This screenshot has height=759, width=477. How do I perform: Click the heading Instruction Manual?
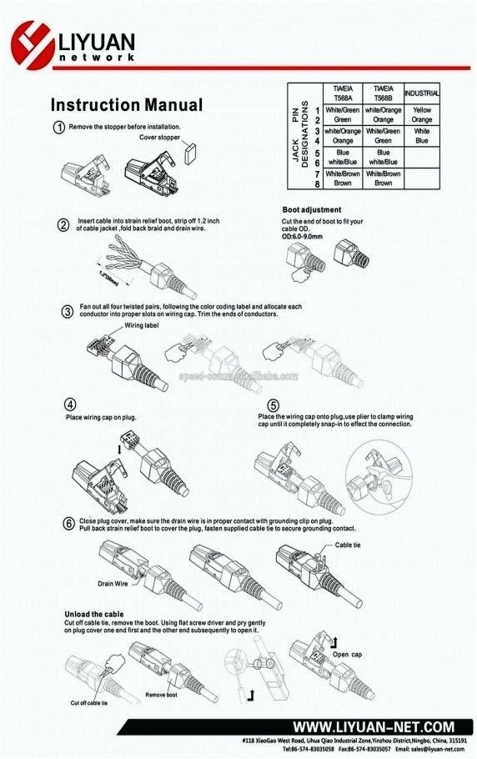tap(126, 106)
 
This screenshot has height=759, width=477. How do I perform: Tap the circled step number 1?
tap(59, 128)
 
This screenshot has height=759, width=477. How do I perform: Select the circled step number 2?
tap(63, 224)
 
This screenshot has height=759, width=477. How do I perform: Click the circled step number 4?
tap(72, 403)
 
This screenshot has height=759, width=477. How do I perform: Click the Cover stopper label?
tap(159, 136)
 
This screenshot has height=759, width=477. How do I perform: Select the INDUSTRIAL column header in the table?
tap(422, 93)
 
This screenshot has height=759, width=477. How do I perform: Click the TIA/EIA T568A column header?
tap(342, 92)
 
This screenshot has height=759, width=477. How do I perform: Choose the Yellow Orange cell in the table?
tap(422, 114)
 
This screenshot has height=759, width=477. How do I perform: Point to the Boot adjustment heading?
tap(311, 209)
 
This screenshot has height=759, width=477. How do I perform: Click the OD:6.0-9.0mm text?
tap(311, 236)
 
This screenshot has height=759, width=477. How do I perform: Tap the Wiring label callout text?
tap(141, 326)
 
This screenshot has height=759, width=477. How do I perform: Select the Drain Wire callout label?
tap(111, 584)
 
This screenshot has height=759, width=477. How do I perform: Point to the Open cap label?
tap(347, 655)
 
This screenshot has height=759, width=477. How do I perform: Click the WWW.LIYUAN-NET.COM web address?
tap(373, 727)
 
